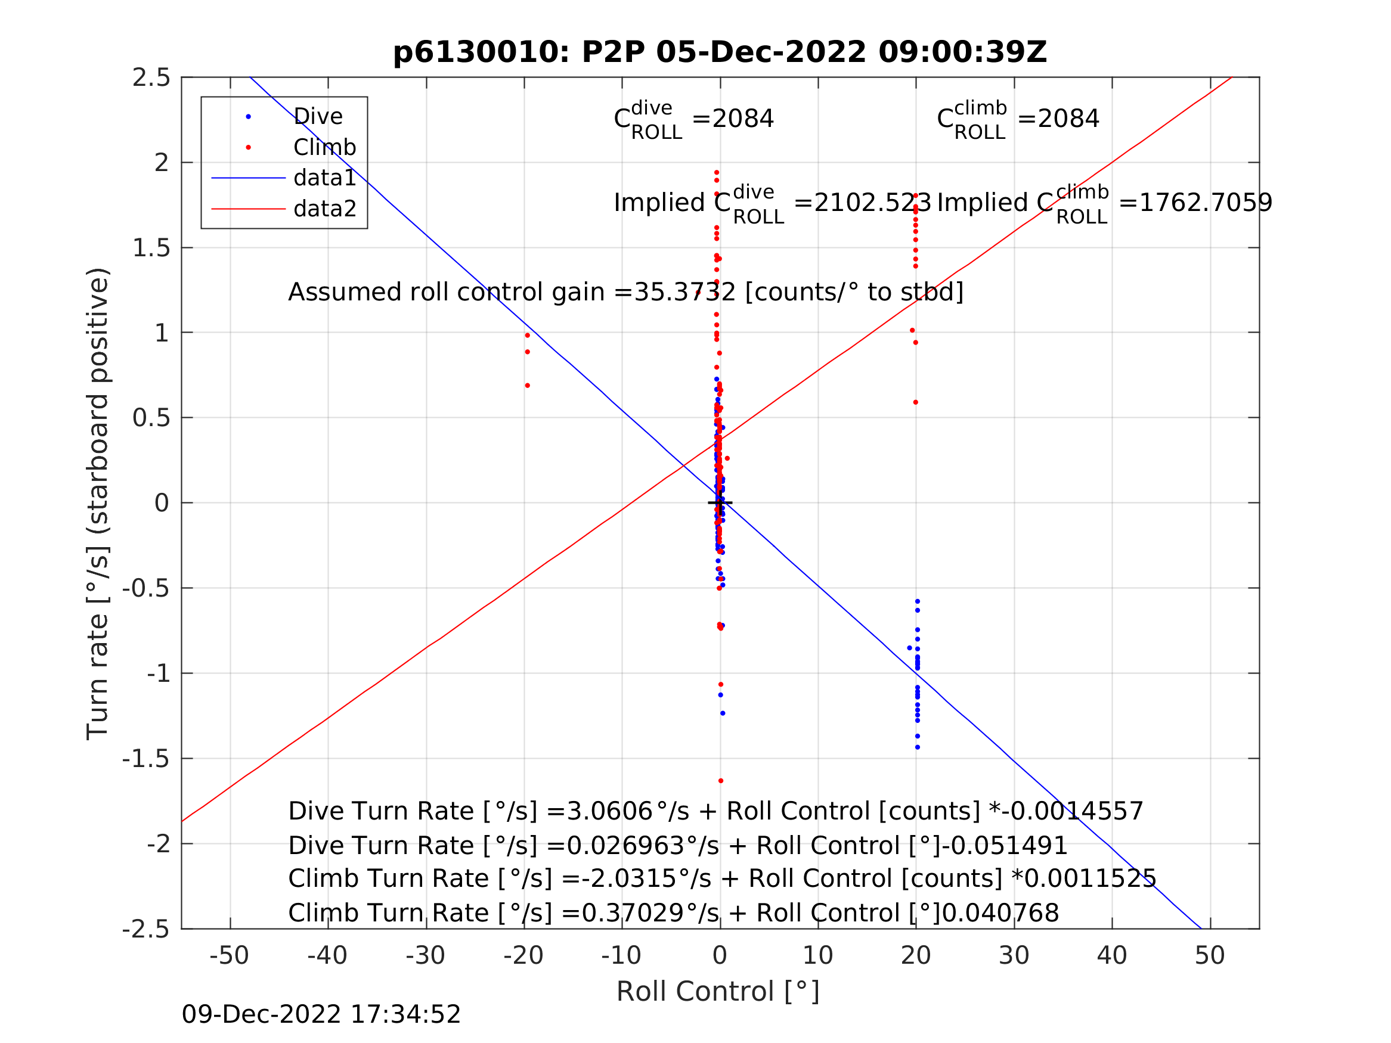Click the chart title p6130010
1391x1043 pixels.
(720, 52)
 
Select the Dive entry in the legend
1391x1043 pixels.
(318, 116)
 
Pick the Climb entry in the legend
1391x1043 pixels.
(324, 147)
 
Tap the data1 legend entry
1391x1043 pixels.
(324, 178)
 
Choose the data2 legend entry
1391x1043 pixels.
(324, 208)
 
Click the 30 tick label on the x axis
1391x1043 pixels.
(1014, 955)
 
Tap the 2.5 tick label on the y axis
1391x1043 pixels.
(151, 77)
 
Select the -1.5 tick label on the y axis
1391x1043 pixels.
(146, 759)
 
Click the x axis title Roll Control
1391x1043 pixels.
(717, 992)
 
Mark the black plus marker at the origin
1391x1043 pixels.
(720, 503)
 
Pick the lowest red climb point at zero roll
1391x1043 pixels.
(721, 781)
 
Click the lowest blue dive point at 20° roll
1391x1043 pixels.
(918, 747)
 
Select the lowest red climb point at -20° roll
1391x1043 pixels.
(528, 386)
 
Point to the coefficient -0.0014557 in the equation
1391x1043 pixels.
(1073, 811)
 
